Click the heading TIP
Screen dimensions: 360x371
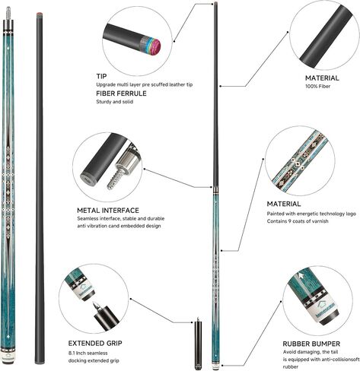tap(101, 76)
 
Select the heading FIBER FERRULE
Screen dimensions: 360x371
tap(121, 94)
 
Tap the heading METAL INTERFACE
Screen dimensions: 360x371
tap(108, 211)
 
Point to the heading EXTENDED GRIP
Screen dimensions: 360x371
tap(95, 343)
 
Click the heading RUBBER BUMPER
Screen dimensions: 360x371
tap(311, 344)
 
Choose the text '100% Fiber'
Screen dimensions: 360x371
tap(318, 86)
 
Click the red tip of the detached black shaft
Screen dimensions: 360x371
tap(39, 13)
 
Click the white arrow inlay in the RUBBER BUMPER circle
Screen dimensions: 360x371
tap(301, 275)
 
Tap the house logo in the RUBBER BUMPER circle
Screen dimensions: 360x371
tap(326, 300)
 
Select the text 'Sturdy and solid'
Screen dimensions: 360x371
tap(115, 102)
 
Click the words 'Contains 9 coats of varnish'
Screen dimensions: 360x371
tap(298, 221)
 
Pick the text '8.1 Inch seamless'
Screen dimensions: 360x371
tap(88, 353)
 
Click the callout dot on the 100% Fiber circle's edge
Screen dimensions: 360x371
tap(288, 32)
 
